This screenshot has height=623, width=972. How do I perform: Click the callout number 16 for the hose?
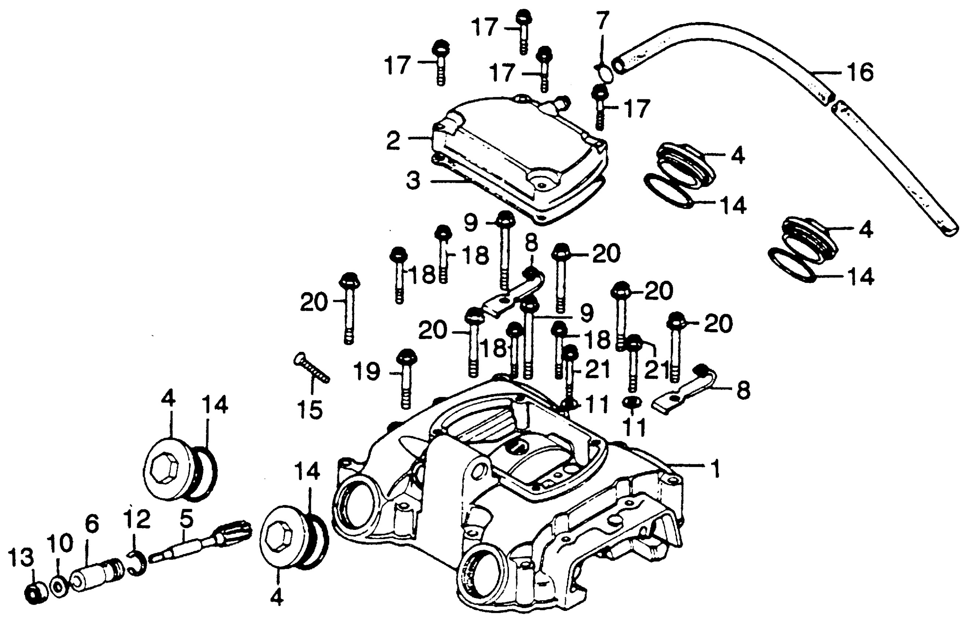(x=860, y=73)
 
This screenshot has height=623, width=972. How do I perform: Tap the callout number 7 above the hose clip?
(x=602, y=21)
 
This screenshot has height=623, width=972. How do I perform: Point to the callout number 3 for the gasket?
(x=413, y=181)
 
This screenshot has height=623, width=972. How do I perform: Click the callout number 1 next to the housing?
(x=716, y=468)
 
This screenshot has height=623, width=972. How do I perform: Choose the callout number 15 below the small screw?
(x=310, y=409)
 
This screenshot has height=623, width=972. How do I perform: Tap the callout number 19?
(x=367, y=371)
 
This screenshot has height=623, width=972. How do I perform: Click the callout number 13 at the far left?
(x=21, y=557)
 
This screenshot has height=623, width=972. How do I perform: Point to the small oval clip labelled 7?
(x=605, y=74)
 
